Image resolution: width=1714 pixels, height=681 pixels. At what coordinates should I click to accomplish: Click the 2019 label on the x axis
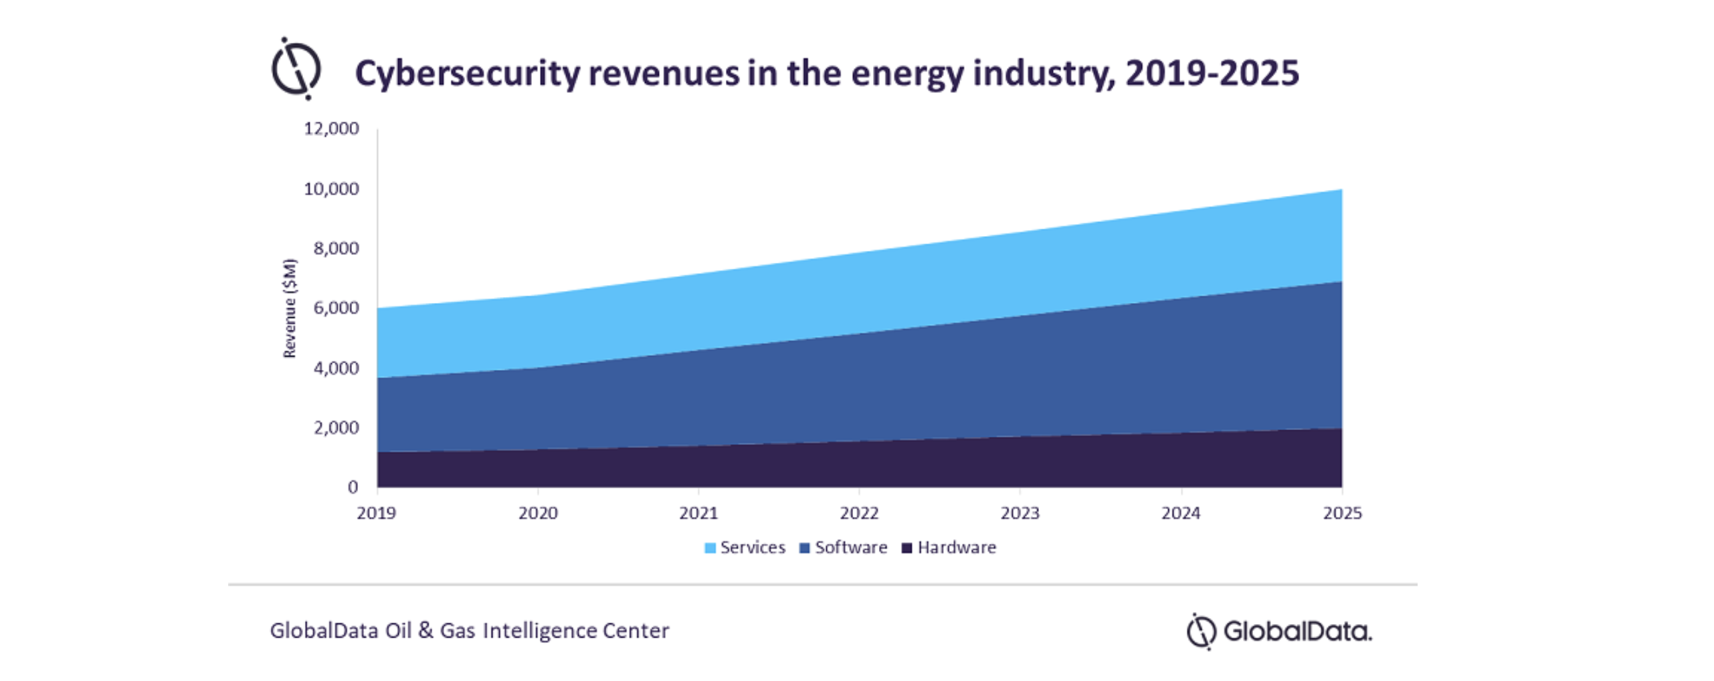(376, 513)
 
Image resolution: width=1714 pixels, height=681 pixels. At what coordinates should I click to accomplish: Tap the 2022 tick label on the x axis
(859, 513)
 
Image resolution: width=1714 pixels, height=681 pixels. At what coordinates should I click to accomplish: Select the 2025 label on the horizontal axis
(1342, 513)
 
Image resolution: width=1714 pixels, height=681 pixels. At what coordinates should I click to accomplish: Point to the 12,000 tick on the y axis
(331, 128)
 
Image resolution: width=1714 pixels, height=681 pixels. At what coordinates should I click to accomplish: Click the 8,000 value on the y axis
(336, 248)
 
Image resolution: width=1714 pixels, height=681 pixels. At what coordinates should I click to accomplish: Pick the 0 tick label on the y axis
(353, 487)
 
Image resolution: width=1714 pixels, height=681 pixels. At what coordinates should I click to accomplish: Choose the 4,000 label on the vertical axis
(336, 368)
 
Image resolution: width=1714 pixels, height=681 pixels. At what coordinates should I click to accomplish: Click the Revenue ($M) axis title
(290, 308)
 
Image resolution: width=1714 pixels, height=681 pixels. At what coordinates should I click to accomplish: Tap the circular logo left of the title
(296, 69)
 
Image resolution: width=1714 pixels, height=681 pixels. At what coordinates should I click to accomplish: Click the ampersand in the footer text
(425, 630)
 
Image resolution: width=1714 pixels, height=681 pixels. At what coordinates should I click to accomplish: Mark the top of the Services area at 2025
(1341, 191)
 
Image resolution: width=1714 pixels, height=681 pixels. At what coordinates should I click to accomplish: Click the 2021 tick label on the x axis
(698, 513)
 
